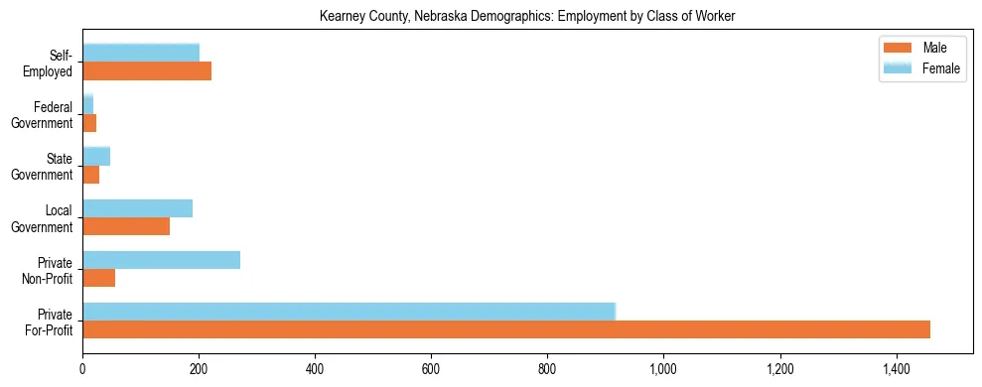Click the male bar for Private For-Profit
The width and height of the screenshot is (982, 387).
click(506, 329)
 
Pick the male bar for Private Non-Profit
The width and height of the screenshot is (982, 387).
click(99, 278)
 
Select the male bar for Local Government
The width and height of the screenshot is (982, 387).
click(126, 226)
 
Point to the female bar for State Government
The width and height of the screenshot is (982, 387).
click(96, 156)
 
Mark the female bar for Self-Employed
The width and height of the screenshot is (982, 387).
click(141, 53)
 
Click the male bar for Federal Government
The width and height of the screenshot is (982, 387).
click(89, 123)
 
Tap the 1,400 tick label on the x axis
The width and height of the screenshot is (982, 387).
click(897, 369)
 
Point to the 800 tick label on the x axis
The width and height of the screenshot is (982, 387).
click(548, 369)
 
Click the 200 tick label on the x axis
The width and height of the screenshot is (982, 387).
click(199, 369)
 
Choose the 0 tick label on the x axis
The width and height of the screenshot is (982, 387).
click(82, 369)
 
